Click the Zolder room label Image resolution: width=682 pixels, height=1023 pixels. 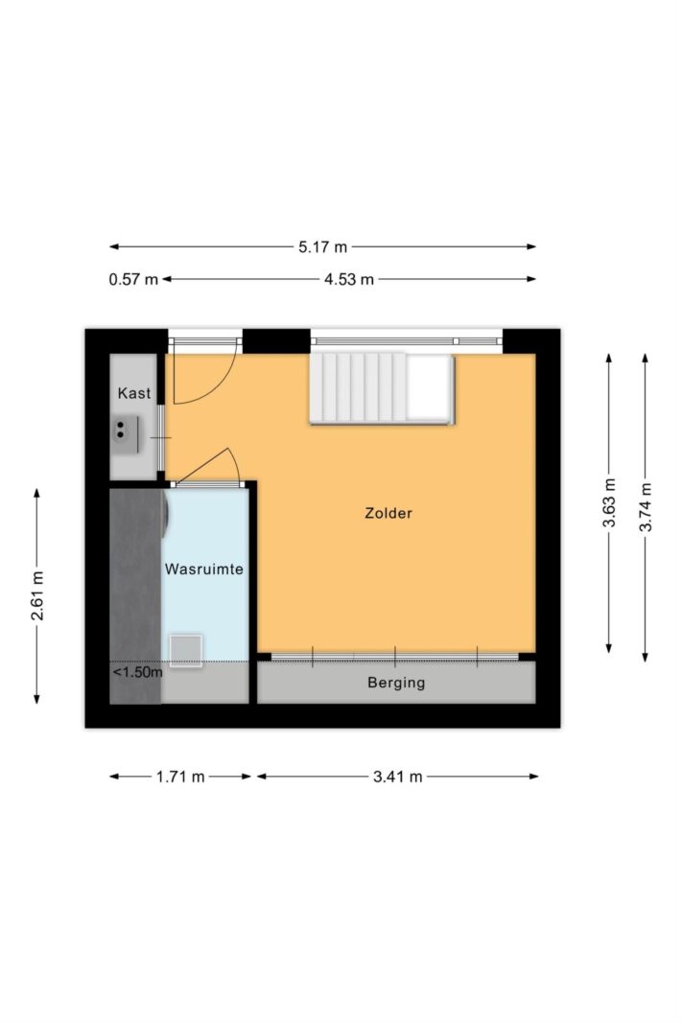[x=388, y=513]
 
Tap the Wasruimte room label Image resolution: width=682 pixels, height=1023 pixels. [x=203, y=569]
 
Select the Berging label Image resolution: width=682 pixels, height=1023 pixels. [x=396, y=684]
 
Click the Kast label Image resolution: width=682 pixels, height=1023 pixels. [x=134, y=393]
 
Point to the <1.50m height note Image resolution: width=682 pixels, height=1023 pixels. [x=137, y=672]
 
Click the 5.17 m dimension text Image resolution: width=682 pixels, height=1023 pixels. [x=322, y=246]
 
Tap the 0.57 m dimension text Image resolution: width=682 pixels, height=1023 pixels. [x=133, y=279]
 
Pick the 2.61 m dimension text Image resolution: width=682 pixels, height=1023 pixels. [x=37, y=595]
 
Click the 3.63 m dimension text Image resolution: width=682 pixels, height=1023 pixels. [x=608, y=502]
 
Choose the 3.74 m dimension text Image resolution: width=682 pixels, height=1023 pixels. [x=646, y=502]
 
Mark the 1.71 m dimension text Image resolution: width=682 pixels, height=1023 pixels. [x=180, y=777]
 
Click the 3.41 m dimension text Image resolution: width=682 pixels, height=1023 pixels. [x=398, y=777]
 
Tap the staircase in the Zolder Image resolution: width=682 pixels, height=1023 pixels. [x=380, y=388]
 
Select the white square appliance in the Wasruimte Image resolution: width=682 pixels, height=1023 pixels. [x=186, y=649]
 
